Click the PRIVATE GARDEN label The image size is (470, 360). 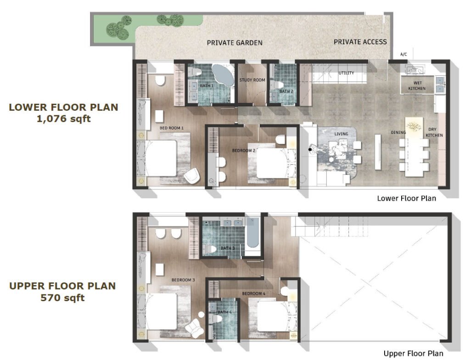(x=235, y=43)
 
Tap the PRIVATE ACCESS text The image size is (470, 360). (x=360, y=42)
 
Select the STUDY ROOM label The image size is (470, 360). (x=252, y=80)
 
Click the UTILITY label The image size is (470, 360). (x=346, y=73)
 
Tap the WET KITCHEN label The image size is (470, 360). (x=417, y=85)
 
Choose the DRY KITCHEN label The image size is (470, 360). (x=434, y=132)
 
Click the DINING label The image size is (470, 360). (x=398, y=132)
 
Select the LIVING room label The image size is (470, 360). (x=341, y=134)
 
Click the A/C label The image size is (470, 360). (x=404, y=54)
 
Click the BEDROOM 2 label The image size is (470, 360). (x=244, y=150)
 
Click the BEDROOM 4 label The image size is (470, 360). (x=253, y=293)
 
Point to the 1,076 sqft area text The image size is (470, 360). (x=63, y=119)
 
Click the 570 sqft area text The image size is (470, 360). (x=62, y=298)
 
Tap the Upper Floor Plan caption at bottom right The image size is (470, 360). (x=414, y=354)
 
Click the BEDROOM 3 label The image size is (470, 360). (x=183, y=280)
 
